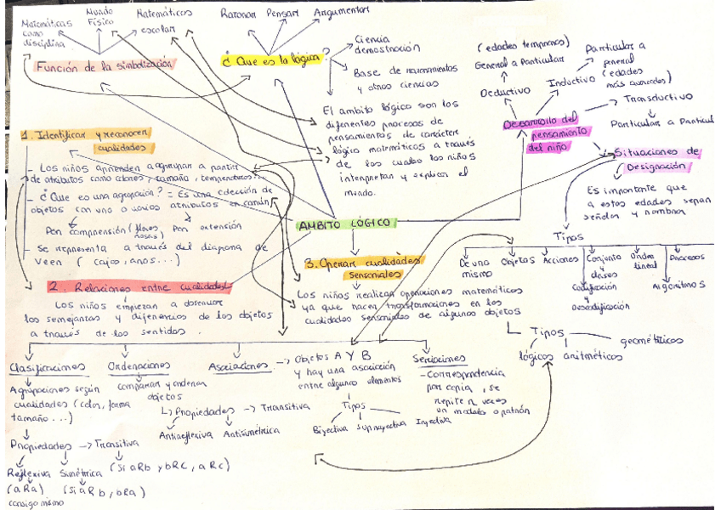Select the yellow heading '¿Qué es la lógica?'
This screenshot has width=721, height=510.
[275, 59]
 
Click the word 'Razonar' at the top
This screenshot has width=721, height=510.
[237, 14]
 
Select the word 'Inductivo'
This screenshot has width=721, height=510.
[571, 83]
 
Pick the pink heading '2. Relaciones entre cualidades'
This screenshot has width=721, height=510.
[139, 286]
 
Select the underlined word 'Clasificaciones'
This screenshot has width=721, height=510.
[47, 366]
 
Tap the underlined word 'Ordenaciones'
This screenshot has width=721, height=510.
[139, 365]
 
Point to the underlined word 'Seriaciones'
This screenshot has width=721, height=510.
[439, 359]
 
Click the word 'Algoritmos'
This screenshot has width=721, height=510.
[677, 285]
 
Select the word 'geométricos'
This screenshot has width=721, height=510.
[652, 340]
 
